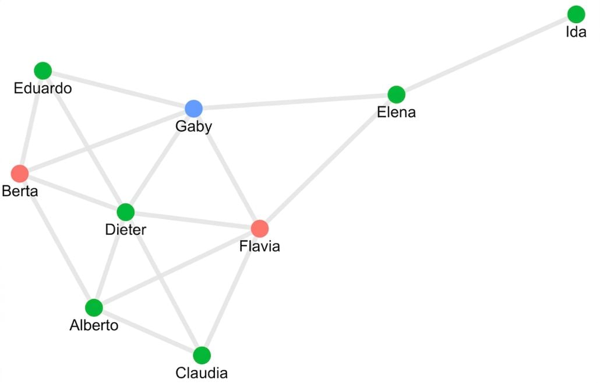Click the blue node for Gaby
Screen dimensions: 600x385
tap(193, 109)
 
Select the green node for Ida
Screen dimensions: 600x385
tap(576, 15)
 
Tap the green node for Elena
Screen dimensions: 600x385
tap(397, 94)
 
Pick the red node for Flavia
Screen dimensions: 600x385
tap(260, 228)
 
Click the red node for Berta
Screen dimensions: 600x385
tap(20, 174)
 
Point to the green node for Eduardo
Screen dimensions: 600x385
tap(43, 71)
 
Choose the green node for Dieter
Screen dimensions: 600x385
tap(125, 212)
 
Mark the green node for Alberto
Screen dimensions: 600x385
tap(94, 308)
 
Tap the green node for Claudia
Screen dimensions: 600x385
tap(202, 355)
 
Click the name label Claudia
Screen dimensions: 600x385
tap(202, 373)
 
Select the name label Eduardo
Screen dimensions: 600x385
tap(43, 89)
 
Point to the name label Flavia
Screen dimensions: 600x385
tap(260, 246)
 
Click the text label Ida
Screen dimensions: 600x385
tap(576, 32)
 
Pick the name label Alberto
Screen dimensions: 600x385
tap(94, 325)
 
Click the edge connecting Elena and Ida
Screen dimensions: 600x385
tap(486, 55)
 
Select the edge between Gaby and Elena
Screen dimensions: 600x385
tap(295, 102)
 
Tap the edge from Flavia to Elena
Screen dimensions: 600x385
tap(328, 161)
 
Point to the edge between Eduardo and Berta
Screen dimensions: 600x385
tap(31, 122)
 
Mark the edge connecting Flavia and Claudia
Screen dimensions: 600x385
tap(231, 292)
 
